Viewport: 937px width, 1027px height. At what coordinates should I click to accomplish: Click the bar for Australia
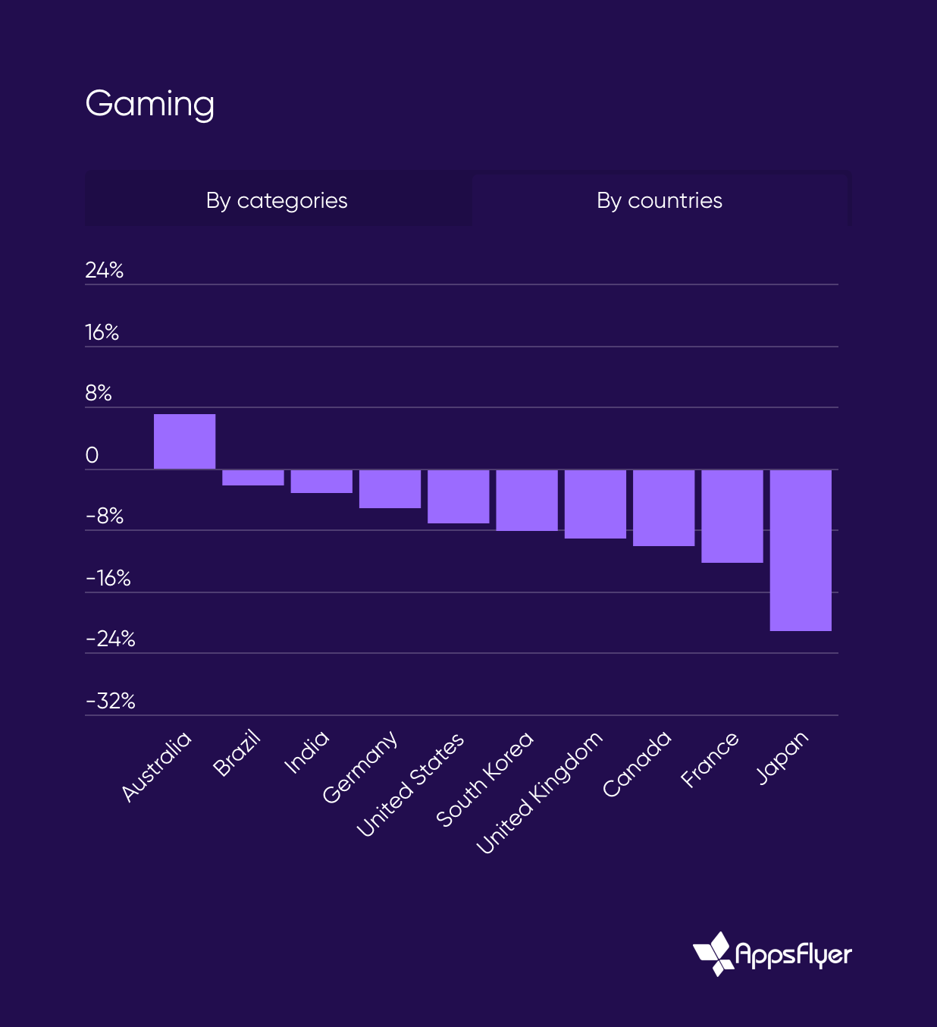(x=184, y=441)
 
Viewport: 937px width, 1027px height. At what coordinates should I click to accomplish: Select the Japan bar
(x=801, y=550)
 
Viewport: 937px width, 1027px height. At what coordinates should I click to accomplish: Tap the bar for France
(x=732, y=516)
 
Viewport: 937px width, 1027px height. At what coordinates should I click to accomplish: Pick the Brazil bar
(x=253, y=478)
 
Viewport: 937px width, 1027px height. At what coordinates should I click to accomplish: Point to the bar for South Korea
(x=527, y=500)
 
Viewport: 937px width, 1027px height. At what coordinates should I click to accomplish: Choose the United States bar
(x=459, y=496)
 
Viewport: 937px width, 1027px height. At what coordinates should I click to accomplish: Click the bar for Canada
(x=664, y=507)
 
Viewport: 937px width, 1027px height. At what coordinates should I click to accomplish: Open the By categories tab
(x=277, y=200)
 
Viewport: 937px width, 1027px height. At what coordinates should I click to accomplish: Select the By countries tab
(x=660, y=200)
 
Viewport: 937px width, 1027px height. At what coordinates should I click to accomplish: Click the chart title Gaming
(x=150, y=104)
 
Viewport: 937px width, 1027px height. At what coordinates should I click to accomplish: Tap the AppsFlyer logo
(x=772, y=953)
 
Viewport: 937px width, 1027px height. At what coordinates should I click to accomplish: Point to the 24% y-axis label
(x=104, y=270)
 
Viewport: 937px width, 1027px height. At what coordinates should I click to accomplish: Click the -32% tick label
(x=111, y=701)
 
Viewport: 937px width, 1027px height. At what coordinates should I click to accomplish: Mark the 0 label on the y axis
(x=92, y=455)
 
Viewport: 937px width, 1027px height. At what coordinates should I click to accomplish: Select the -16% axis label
(x=108, y=579)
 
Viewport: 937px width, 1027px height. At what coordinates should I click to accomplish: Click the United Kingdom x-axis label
(x=540, y=793)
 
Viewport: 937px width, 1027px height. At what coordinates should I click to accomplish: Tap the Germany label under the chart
(x=360, y=766)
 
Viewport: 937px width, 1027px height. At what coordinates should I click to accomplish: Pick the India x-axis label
(x=307, y=752)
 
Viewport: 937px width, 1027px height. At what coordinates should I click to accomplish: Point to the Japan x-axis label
(x=783, y=757)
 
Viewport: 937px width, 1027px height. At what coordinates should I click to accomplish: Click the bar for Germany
(x=390, y=488)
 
